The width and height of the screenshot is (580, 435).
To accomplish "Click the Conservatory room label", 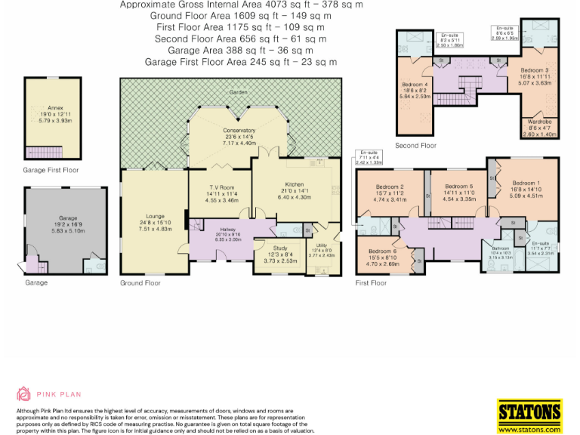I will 239,131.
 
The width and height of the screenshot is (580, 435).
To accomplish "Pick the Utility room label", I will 321,246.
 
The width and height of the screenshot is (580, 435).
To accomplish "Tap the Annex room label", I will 56,109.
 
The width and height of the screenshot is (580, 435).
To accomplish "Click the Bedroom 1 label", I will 526,184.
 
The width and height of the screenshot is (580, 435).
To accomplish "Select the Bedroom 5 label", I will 458,187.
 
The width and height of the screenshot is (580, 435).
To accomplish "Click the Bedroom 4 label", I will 415,84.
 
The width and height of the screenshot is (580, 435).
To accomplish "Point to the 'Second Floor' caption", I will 415,145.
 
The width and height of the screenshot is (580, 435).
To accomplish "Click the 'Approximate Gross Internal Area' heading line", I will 241,5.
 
